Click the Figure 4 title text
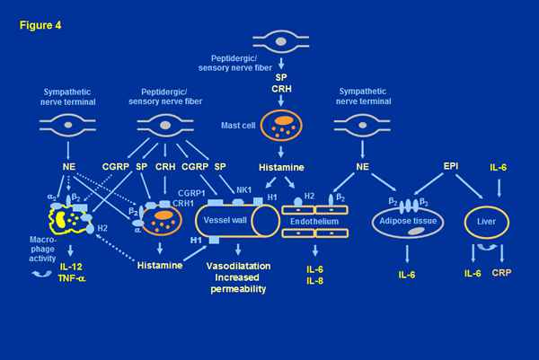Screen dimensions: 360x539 (40, 15)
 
